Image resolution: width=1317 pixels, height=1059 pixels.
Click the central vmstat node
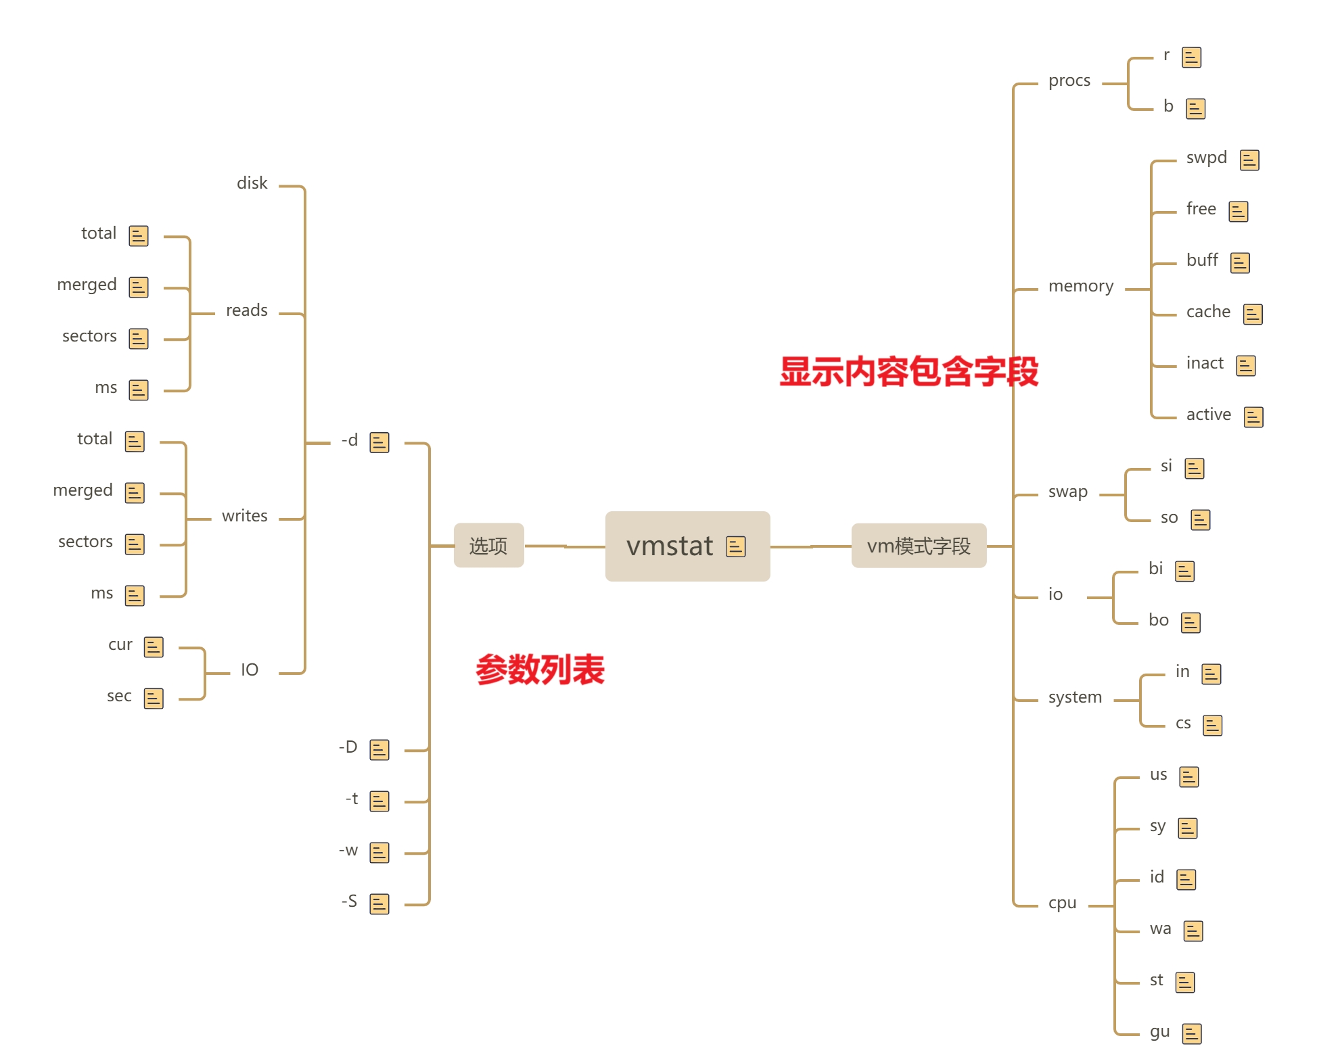670,546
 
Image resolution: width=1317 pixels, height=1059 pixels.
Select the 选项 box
488,546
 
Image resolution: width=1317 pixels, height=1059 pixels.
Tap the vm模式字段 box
919,546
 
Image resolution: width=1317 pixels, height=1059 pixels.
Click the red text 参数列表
540,669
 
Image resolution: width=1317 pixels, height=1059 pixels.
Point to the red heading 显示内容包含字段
908,371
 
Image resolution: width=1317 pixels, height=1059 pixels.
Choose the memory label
1080,286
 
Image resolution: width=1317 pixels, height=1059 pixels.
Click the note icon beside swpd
1249,160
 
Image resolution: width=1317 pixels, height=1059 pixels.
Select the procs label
1069,80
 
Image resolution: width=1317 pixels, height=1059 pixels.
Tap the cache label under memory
1208,312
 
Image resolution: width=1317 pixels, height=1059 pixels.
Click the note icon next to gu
1191,1034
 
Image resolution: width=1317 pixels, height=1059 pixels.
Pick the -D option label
348,747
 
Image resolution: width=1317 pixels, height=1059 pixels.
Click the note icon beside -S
379,904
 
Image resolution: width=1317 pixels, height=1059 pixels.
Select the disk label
252,183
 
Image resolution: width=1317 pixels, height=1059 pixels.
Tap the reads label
246,310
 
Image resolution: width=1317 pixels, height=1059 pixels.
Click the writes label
244,516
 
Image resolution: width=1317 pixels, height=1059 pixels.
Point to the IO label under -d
250,670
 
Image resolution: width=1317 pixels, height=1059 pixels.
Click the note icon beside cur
154,647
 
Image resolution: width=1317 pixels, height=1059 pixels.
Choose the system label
1075,697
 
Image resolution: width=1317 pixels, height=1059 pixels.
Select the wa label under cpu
1160,928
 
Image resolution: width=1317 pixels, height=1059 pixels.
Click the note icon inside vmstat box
735,546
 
